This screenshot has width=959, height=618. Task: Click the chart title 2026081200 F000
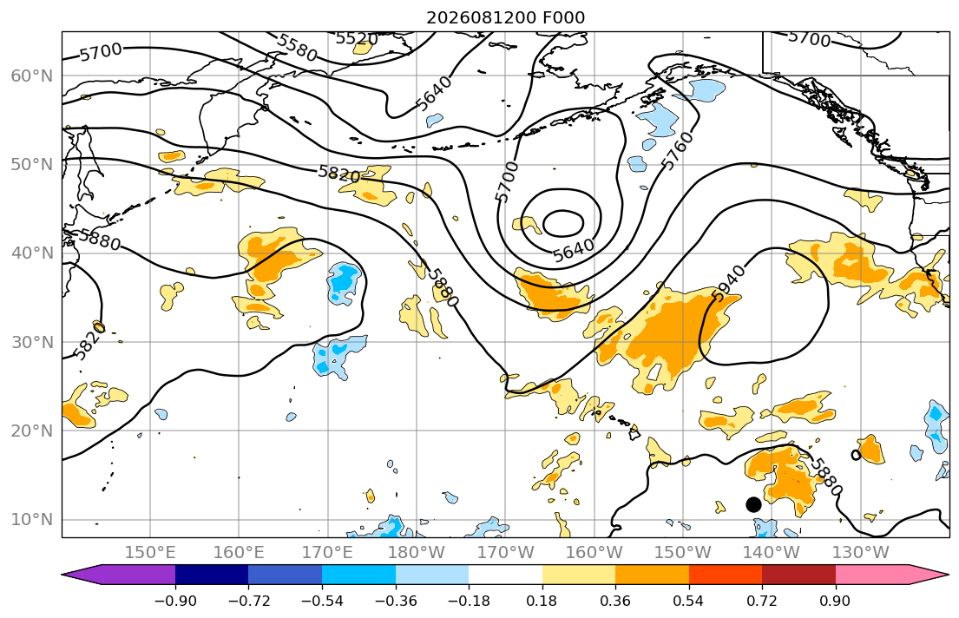[505, 17]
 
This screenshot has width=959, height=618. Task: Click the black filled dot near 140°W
[753, 505]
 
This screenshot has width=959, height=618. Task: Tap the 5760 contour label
[679, 150]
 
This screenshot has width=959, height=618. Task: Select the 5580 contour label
[297, 48]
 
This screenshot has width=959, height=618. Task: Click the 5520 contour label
[358, 39]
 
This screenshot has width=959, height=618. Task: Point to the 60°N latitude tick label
[32, 76]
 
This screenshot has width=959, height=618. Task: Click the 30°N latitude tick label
[32, 342]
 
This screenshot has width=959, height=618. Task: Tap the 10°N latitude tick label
[32, 520]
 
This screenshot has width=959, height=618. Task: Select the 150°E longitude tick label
[150, 553]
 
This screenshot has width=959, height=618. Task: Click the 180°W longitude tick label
[416, 553]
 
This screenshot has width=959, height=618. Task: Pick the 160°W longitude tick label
[594, 553]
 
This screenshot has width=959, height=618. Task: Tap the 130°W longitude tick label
[860, 553]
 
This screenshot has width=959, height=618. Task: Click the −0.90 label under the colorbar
[175, 601]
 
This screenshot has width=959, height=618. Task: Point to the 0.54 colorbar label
[689, 601]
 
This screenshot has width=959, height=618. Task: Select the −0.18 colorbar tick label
[469, 601]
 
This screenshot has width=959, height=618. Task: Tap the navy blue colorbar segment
[212, 575]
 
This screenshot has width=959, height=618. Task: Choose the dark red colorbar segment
[798, 575]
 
